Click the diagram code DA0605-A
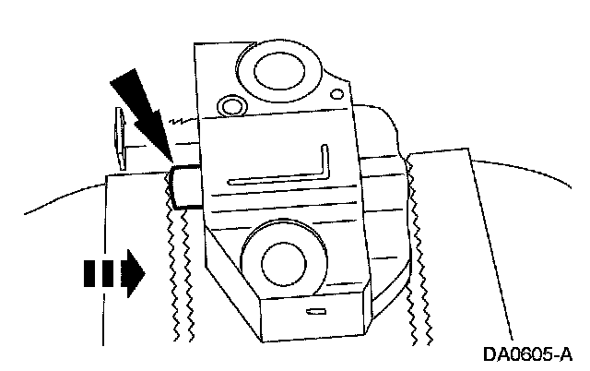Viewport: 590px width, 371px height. (x=528, y=354)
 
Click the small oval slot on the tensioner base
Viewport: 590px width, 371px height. (x=316, y=310)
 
